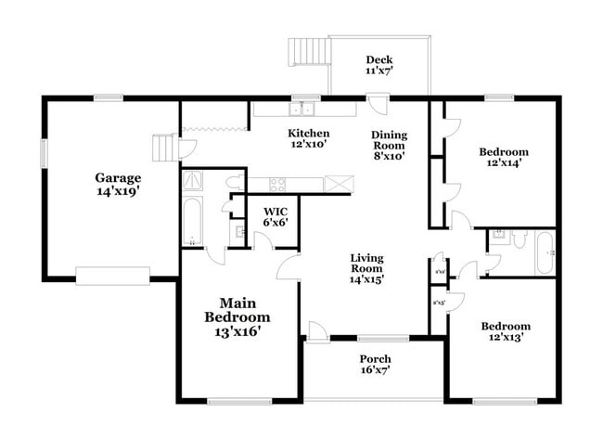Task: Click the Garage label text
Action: click(118, 184)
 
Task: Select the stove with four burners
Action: click(276, 184)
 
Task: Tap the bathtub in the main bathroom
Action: click(192, 221)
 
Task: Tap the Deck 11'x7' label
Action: click(378, 65)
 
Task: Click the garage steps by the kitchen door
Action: click(165, 148)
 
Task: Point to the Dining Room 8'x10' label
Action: click(390, 147)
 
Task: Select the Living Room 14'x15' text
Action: click(366, 267)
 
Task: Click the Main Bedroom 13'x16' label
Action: click(237, 316)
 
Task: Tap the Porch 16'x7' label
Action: click(375, 364)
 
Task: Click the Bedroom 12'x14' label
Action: click(503, 157)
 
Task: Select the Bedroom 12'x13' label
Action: click(505, 331)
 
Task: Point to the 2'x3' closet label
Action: click(439, 302)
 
